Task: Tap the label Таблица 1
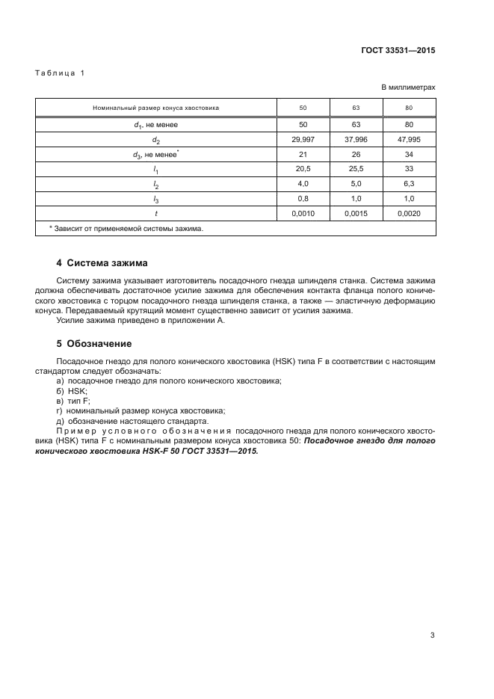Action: [61, 73]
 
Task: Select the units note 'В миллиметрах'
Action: [408, 87]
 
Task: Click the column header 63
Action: [356, 108]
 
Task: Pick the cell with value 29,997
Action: [303, 140]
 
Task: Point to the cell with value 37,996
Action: [356, 140]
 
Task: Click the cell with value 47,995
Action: [409, 140]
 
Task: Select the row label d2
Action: [155, 140]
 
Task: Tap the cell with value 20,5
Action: [303, 170]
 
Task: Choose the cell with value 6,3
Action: [409, 184]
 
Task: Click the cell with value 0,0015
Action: [356, 214]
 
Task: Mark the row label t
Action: [155, 214]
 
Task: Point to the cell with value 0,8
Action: [303, 199]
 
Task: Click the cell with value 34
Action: [409, 155]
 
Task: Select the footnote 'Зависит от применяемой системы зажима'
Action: [127, 229]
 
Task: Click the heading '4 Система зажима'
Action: [102, 263]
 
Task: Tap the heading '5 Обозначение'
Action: [94, 344]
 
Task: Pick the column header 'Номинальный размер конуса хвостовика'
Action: [155, 108]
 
